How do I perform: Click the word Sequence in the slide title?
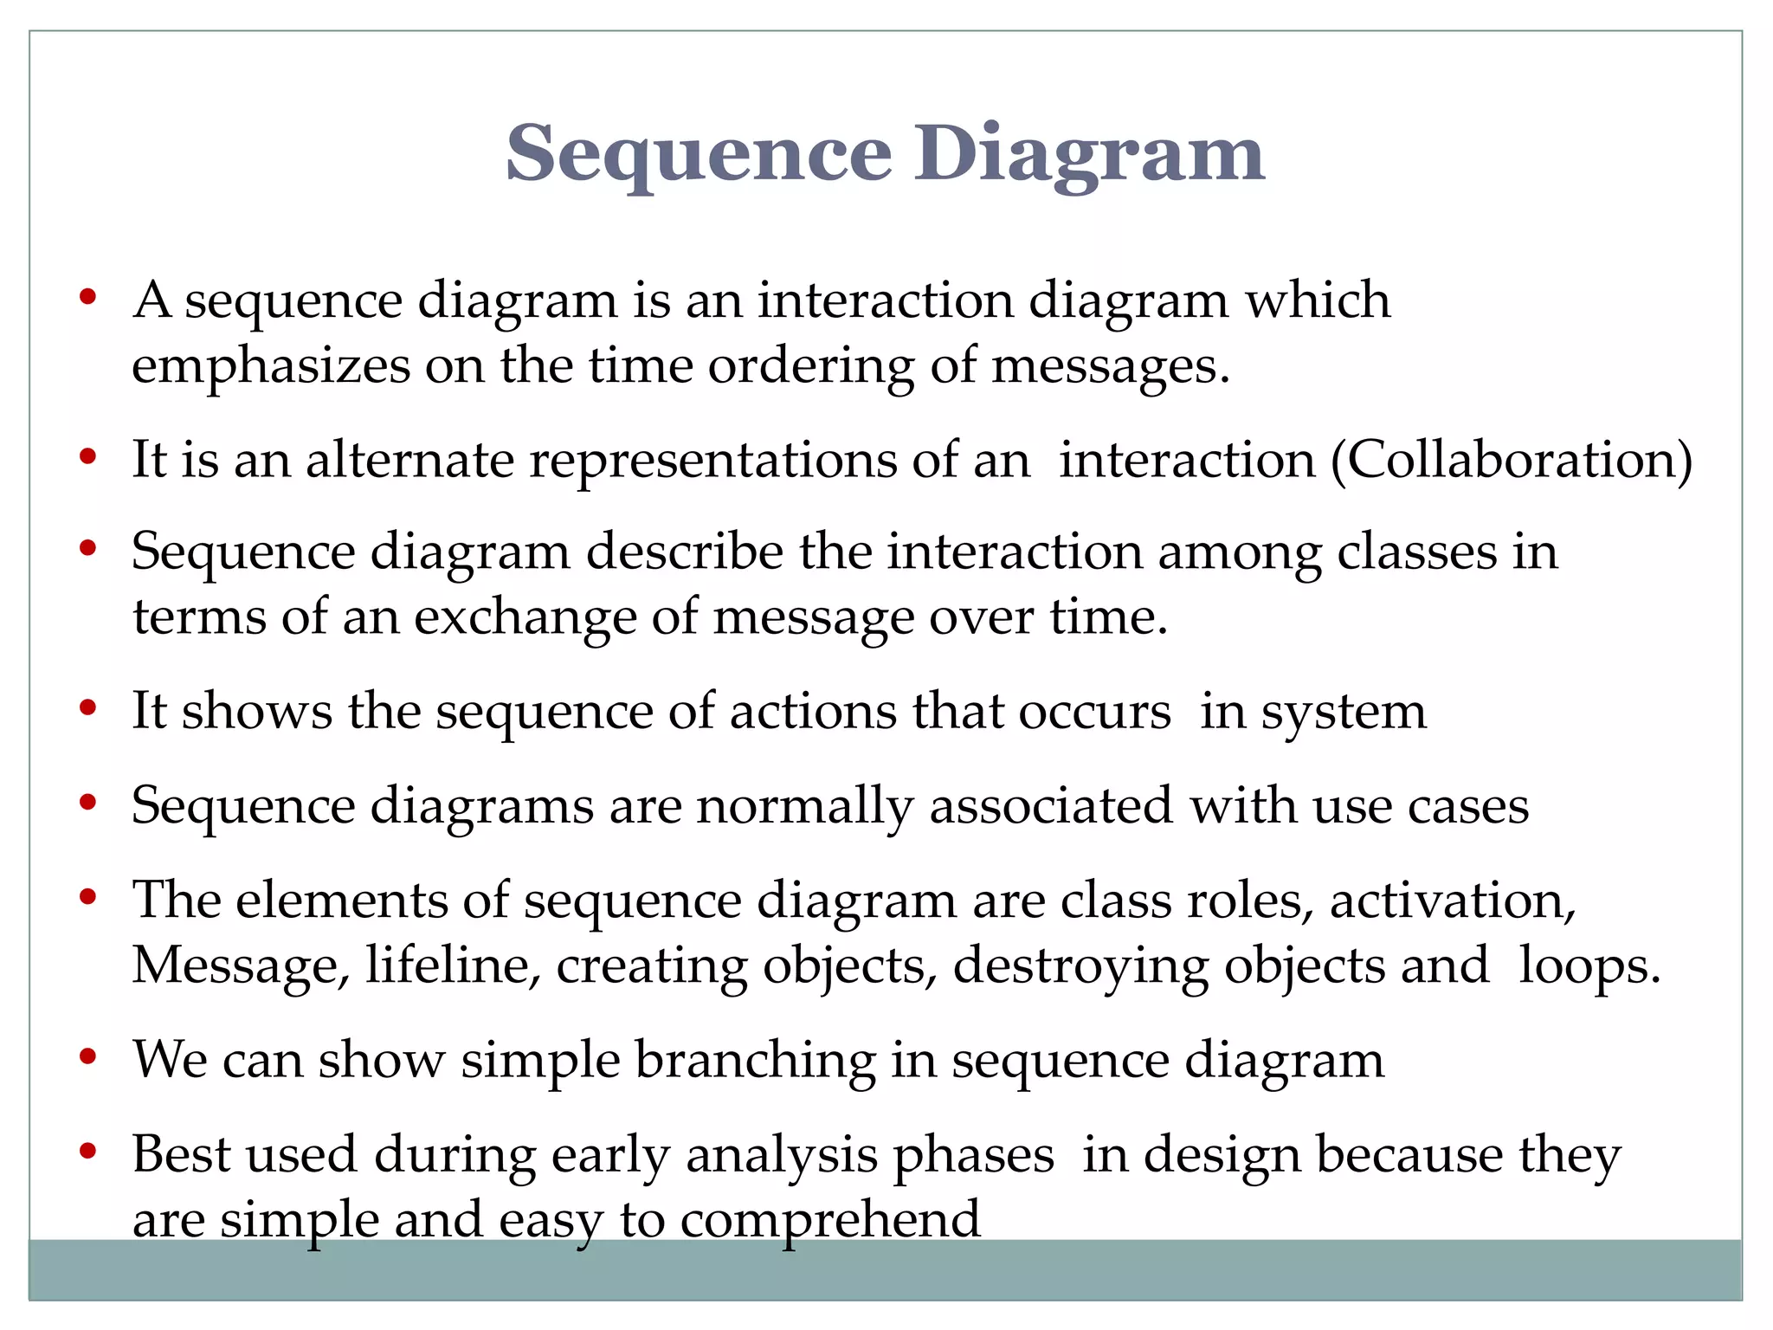point(698,154)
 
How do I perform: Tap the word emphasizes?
point(271,366)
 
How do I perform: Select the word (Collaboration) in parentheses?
point(1512,459)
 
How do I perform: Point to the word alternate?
point(409,459)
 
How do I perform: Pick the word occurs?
point(1094,712)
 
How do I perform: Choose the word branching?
point(755,1060)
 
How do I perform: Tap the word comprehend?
point(830,1220)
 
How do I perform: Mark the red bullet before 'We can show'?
point(87,1057)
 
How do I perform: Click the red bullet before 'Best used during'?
point(87,1152)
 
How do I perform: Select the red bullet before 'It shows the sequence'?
point(87,709)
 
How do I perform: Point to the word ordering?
point(811,366)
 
